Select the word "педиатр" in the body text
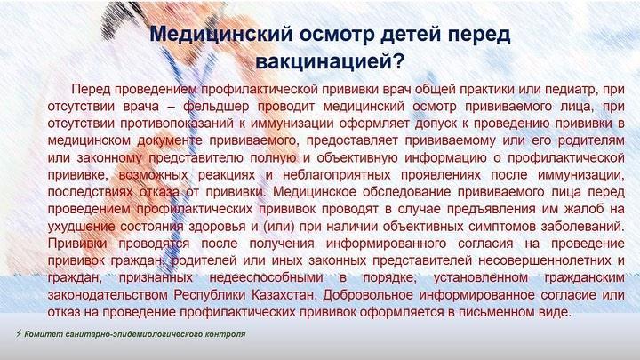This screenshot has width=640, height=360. (x=571, y=90)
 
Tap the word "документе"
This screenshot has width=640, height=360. (x=170, y=140)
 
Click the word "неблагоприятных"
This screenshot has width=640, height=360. (x=337, y=175)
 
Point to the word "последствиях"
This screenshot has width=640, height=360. (x=90, y=192)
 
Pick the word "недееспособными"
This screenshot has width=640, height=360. (x=266, y=278)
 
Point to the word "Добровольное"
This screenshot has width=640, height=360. (x=367, y=295)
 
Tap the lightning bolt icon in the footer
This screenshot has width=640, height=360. (x=19, y=333)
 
